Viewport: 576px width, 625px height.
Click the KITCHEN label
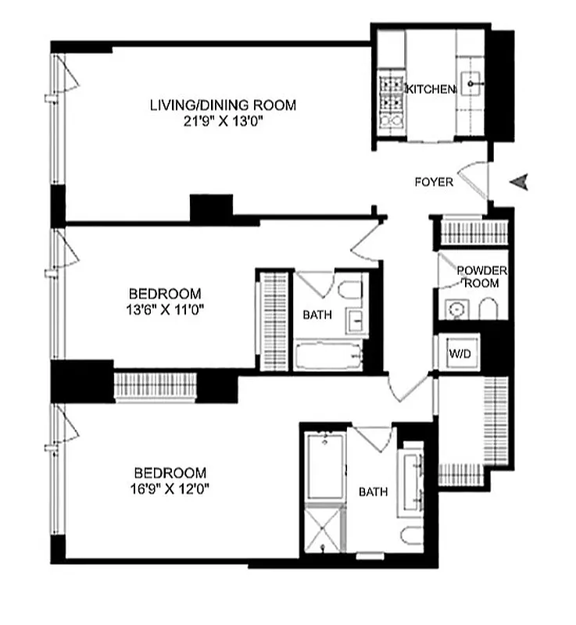tap(430, 90)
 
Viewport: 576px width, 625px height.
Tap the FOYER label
tap(434, 182)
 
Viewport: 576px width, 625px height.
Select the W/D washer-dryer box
tap(459, 353)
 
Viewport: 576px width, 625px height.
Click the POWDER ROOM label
tap(482, 277)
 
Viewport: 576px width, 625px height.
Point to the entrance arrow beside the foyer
tap(519, 182)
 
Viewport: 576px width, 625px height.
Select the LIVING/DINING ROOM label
tap(223, 105)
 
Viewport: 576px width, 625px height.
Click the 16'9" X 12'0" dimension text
tap(170, 488)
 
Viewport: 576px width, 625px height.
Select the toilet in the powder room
tap(488, 308)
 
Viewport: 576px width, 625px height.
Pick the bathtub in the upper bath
tap(328, 355)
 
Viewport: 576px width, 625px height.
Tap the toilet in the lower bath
tap(410, 537)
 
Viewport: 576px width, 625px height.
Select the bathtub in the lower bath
tap(324, 466)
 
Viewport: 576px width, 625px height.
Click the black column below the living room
tap(212, 207)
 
